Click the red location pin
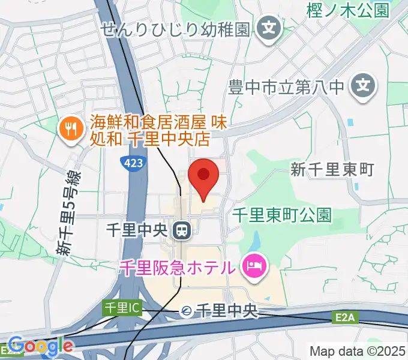click(203, 176)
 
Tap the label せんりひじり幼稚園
click(175, 28)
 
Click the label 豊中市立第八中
click(286, 88)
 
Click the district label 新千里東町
click(332, 170)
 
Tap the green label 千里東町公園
click(282, 215)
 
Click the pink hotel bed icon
click(254, 266)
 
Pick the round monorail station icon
click(187, 311)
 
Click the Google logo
click(40, 346)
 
